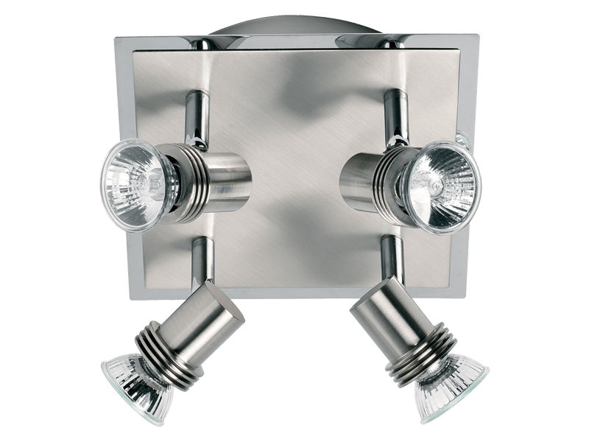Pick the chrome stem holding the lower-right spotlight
[386, 262]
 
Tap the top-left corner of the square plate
[118, 37]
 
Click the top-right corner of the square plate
[477, 35]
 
